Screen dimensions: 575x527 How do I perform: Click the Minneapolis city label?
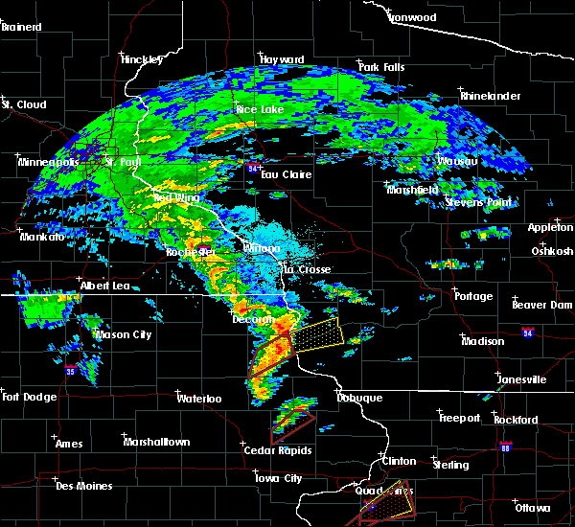tap(48, 162)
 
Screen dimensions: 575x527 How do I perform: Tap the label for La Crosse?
tap(307, 270)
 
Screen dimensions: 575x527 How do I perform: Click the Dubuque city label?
tap(359, 398)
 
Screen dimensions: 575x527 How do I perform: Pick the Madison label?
tap(482, 341)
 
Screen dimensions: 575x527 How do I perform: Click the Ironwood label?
tap(412, 17)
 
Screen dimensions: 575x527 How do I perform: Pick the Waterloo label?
tap(199, 398)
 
